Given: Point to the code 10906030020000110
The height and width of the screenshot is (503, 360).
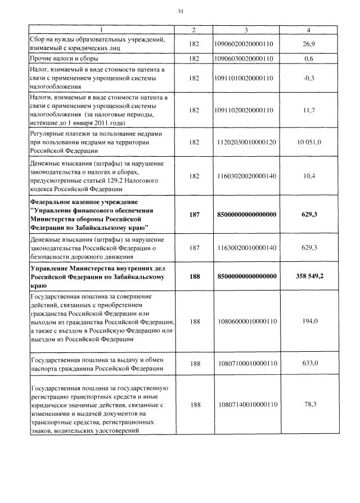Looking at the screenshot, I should pos(246,58).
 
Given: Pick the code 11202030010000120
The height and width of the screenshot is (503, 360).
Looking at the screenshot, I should pos(246,142).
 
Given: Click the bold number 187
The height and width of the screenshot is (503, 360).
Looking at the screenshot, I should pos(195,214).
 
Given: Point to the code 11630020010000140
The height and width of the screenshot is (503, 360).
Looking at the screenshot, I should pos(246,248).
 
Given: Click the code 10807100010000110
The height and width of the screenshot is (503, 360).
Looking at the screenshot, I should pos(246,363).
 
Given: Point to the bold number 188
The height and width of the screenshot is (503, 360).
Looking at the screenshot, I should pos(195,277).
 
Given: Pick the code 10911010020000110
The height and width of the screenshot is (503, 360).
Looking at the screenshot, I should pos(246,78).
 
